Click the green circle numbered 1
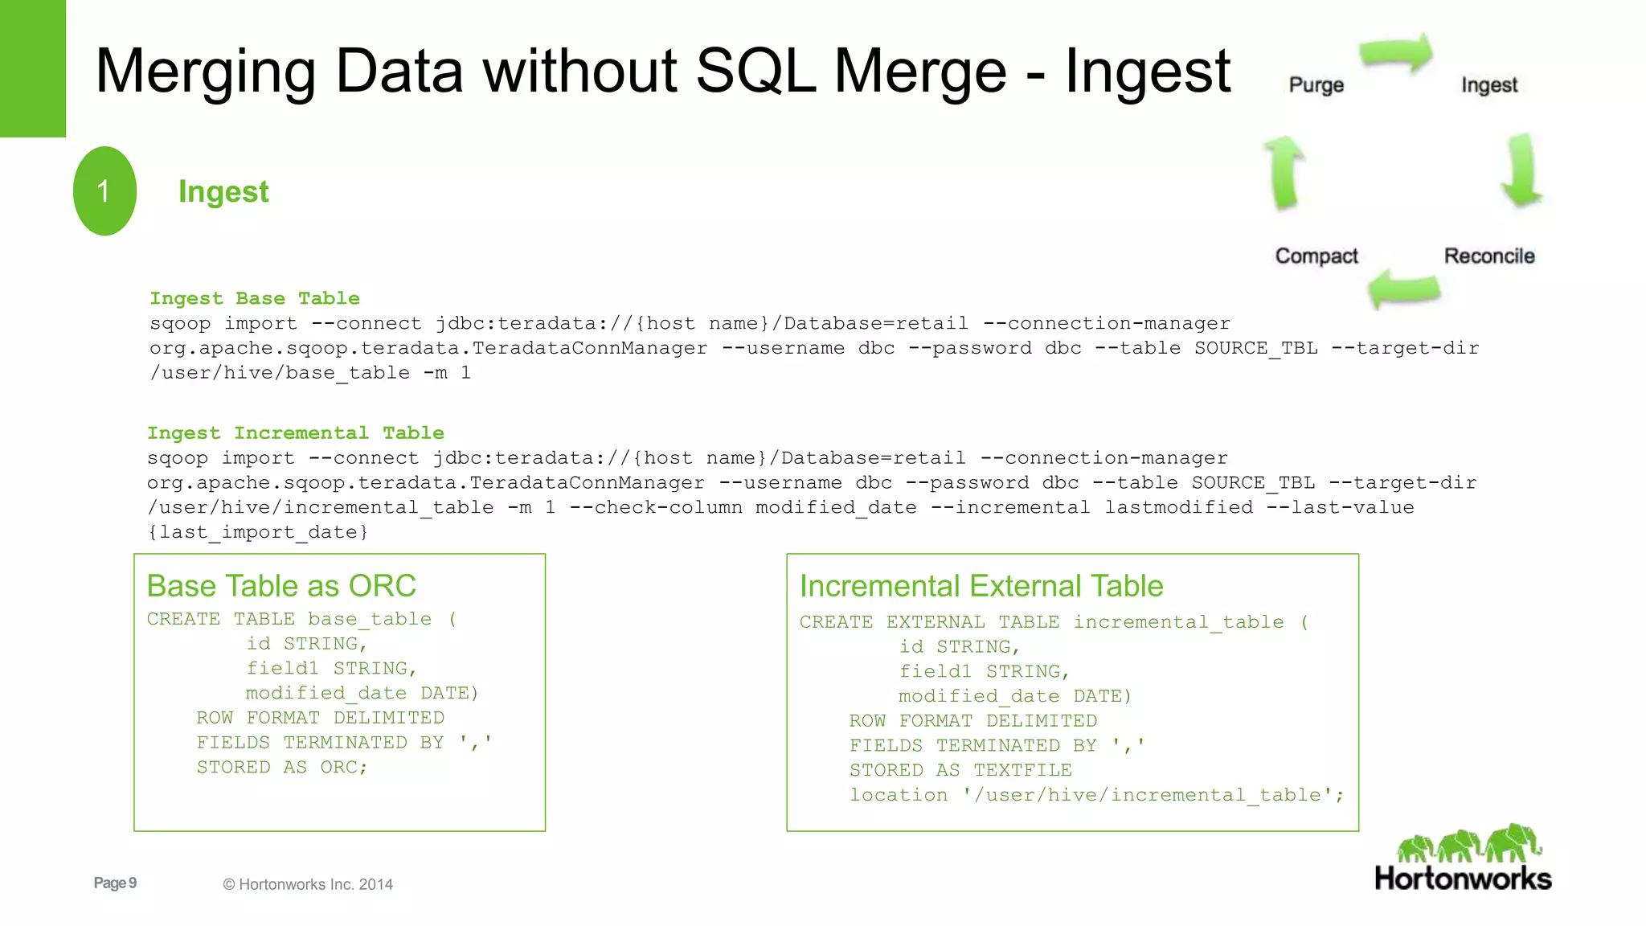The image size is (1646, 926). coord(104,191)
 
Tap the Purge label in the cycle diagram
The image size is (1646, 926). coord(1316,85)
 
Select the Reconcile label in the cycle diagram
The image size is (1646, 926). coord(1489,256)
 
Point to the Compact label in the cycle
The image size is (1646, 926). coord(1316,256)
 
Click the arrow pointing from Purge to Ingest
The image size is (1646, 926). coord(1397,54)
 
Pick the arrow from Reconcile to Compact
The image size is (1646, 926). coord(1404,289)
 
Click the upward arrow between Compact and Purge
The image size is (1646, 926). coord(1284,171)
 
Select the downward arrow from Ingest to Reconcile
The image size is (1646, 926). coord(1521,170)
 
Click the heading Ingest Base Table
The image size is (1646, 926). coord(255,298)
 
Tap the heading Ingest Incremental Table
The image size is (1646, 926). coord(295,432)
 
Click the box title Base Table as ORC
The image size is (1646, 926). coord(281,586)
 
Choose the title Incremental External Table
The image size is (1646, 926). coord(981,586)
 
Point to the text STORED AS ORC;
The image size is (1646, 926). coord(282,767)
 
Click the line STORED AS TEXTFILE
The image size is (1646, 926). coord(960,770)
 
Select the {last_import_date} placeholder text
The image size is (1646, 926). coord(258,532)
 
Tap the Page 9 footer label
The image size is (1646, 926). coord(115,883)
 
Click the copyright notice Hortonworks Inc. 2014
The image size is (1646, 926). coord(308,884)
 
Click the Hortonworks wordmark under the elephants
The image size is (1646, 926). coord(1463,879)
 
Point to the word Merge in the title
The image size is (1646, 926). coord(919,71)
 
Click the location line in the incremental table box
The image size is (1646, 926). coord(1096,795)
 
